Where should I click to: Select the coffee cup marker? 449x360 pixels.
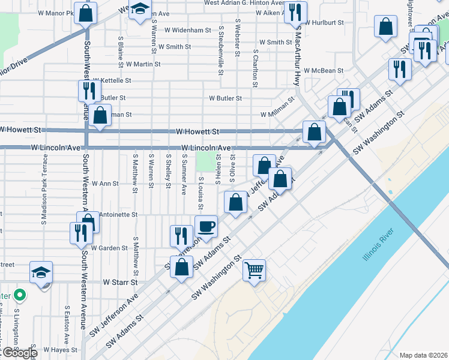(206, 226)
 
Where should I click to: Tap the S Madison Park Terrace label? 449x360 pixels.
(44, 189)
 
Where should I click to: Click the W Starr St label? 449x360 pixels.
(120, 281)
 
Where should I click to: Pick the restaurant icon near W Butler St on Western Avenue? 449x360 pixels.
(86, 91)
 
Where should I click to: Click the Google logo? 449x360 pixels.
(20, 353)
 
